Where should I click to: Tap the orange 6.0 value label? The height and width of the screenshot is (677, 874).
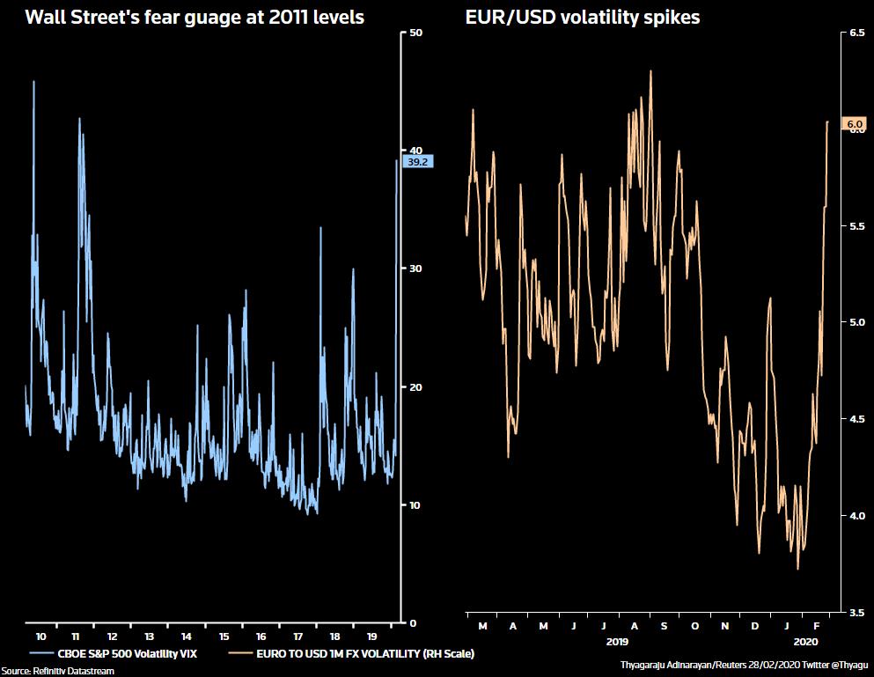pos(854,125)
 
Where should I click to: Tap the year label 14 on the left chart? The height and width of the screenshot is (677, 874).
pos(187,636)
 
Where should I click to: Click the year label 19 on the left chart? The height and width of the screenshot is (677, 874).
pos(371,636)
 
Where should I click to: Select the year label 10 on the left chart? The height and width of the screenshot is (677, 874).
pos(40,636)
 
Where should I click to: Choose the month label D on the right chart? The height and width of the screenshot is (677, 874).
pos(755,626)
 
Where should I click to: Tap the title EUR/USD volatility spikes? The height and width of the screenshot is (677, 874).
pos(582,17)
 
